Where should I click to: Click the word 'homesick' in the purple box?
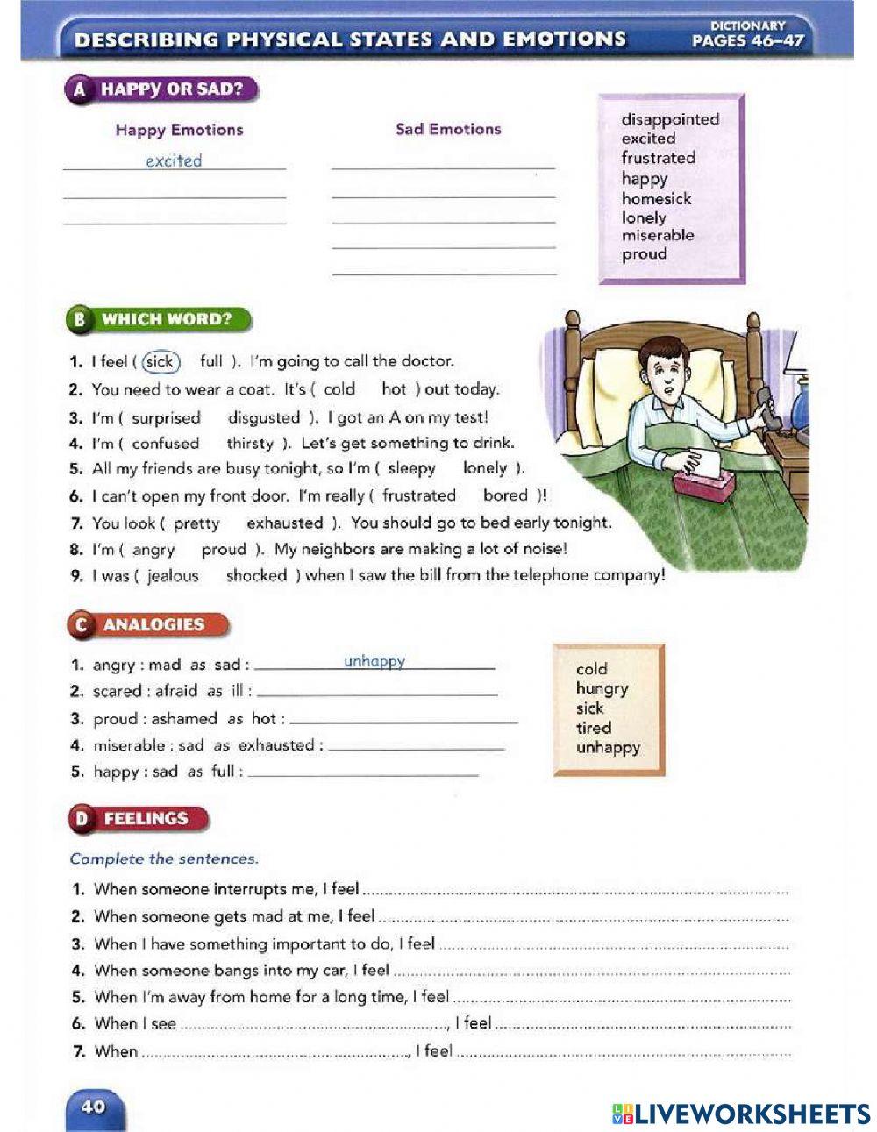656,198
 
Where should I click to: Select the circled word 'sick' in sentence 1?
160,361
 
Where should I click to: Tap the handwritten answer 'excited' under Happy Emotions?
174,160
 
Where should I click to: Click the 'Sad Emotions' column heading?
448,129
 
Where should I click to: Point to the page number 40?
93,1107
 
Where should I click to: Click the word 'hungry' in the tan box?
602,689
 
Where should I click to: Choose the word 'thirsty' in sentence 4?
250,444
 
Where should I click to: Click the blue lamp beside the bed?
803,403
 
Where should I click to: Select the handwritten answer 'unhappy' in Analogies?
374,661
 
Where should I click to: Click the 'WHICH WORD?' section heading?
167,319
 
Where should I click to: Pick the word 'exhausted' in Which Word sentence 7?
284,523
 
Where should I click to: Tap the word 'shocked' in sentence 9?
256,576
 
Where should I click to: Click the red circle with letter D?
82,819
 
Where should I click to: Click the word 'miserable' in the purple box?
657,235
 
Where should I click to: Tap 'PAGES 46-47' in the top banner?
747,40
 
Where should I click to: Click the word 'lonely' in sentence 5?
484,469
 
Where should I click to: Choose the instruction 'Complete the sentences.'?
164,858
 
